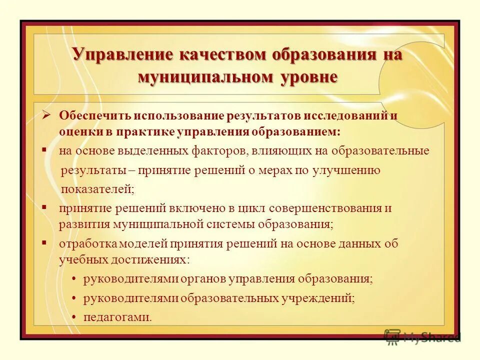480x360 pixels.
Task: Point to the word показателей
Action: click(x=97, y=189)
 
